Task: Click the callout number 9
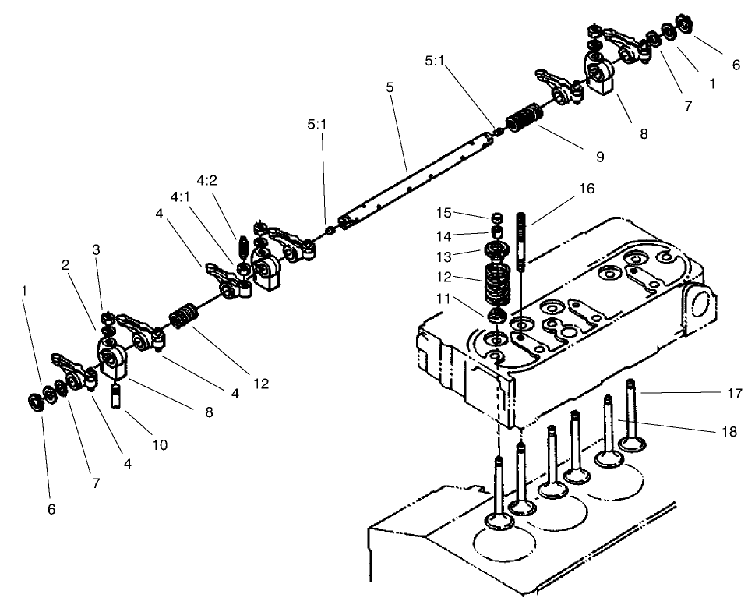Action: click(599, 157)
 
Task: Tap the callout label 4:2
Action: click(206, 180)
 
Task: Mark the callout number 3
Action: click(96, 249)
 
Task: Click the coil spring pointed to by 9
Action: click(524, 120)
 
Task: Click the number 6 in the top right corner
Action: click(735, 65)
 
